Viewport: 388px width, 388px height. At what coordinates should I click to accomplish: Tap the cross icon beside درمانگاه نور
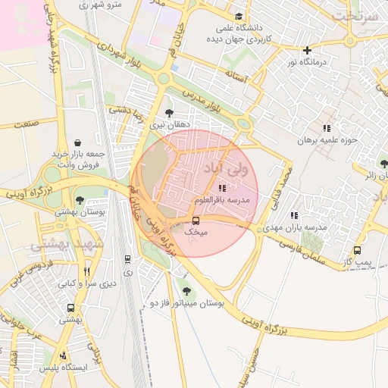tap(307, 50)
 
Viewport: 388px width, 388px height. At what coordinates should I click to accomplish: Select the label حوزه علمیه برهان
tap(326, 140)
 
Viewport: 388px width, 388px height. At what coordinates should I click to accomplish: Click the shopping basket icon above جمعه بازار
tap(79, 142)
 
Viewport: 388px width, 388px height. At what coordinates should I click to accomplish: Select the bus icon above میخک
tap(196, 221)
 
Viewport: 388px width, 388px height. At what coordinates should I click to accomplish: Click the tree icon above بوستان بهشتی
tap(80, 201)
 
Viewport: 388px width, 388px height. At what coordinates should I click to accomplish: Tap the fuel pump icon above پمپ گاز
tap(357, 251)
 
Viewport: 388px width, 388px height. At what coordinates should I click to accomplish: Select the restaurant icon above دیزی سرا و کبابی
tap(87, 271)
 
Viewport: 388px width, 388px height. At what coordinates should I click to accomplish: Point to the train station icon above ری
tap(127, 259)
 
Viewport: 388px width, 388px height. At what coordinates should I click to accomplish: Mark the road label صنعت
tap(26, 123)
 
